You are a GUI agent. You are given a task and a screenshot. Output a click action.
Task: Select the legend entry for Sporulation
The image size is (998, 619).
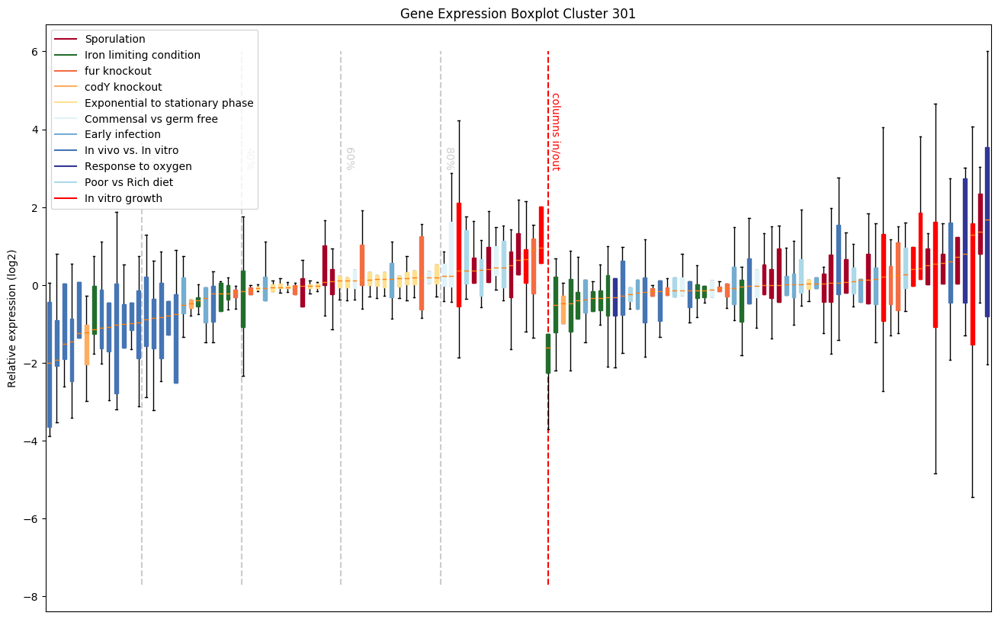115,39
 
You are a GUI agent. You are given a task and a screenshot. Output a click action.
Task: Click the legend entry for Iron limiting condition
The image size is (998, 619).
143,55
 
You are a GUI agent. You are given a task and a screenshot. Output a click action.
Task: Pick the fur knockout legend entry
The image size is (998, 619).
123,71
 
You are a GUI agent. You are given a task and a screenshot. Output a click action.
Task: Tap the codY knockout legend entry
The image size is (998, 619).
123,87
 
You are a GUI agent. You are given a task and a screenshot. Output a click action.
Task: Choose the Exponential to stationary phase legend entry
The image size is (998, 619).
168,103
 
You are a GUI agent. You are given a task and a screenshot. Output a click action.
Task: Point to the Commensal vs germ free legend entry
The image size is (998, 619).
151,119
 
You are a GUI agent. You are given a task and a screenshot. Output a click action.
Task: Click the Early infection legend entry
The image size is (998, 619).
123,135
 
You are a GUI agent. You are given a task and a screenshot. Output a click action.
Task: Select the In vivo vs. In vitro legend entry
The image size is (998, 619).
131,151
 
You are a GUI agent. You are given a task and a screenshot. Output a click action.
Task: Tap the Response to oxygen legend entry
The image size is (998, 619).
138,167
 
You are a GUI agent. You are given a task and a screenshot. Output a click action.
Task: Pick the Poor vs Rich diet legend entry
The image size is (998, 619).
129,183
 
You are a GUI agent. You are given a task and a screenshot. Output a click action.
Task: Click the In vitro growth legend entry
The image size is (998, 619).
124,199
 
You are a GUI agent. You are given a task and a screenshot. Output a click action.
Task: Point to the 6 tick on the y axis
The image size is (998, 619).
34,52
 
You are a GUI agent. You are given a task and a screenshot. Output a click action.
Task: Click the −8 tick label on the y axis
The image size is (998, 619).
30,597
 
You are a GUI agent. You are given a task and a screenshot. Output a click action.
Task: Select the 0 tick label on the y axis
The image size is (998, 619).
34,286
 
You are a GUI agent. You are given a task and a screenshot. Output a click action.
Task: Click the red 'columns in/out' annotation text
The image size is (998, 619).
556,131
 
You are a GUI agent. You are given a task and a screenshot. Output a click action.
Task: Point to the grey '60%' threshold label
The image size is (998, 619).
351,159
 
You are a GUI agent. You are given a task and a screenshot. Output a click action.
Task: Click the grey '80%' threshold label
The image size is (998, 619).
451,159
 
